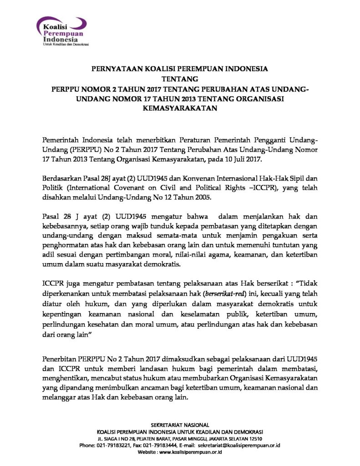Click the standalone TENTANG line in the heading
click(x=180, y=79)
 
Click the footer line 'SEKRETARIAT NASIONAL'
click(x=180, y=425)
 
